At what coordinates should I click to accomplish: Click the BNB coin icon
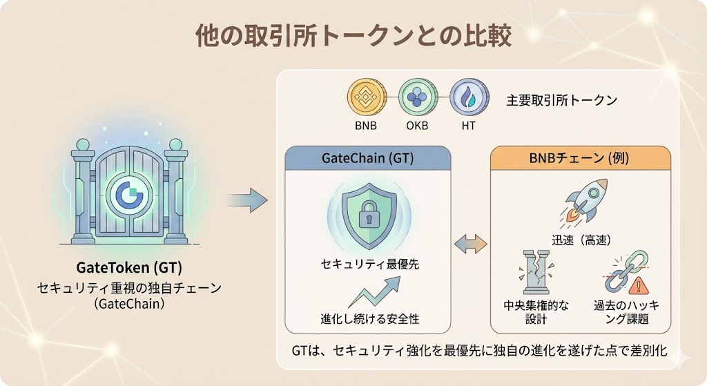tap(366, 98)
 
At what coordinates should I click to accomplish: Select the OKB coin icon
tap(417, 98)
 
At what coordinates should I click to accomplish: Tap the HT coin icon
tap(469, 98)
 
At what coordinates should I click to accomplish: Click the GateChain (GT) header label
tap(367, 158)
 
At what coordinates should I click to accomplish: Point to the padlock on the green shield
tap(367, 215)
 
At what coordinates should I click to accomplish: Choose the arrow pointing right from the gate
tap(246, 201)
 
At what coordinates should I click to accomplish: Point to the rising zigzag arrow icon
tap(373, 292)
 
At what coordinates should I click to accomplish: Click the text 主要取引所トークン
tap(561, 100)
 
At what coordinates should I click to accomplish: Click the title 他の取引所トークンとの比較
tap(353, 35)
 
